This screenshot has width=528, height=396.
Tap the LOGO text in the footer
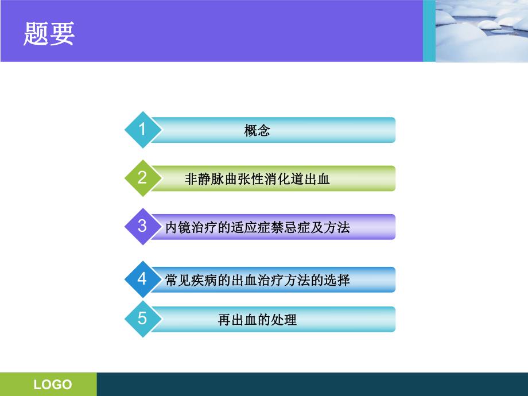click(x=53, y=385)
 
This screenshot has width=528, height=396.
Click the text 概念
click(x=257, y=131)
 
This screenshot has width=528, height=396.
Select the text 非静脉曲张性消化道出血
click(x=257, y=179)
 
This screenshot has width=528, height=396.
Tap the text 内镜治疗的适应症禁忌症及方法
click(x=257, y=227)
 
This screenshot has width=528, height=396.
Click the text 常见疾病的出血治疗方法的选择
click(x=257, y=281)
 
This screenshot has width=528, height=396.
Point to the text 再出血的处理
click(x=257, y=320)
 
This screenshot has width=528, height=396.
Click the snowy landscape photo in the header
click(x=482, y=30)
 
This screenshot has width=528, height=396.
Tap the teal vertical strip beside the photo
click(x=429, y=30)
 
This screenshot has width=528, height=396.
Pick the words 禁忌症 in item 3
click(x=297, y=227)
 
